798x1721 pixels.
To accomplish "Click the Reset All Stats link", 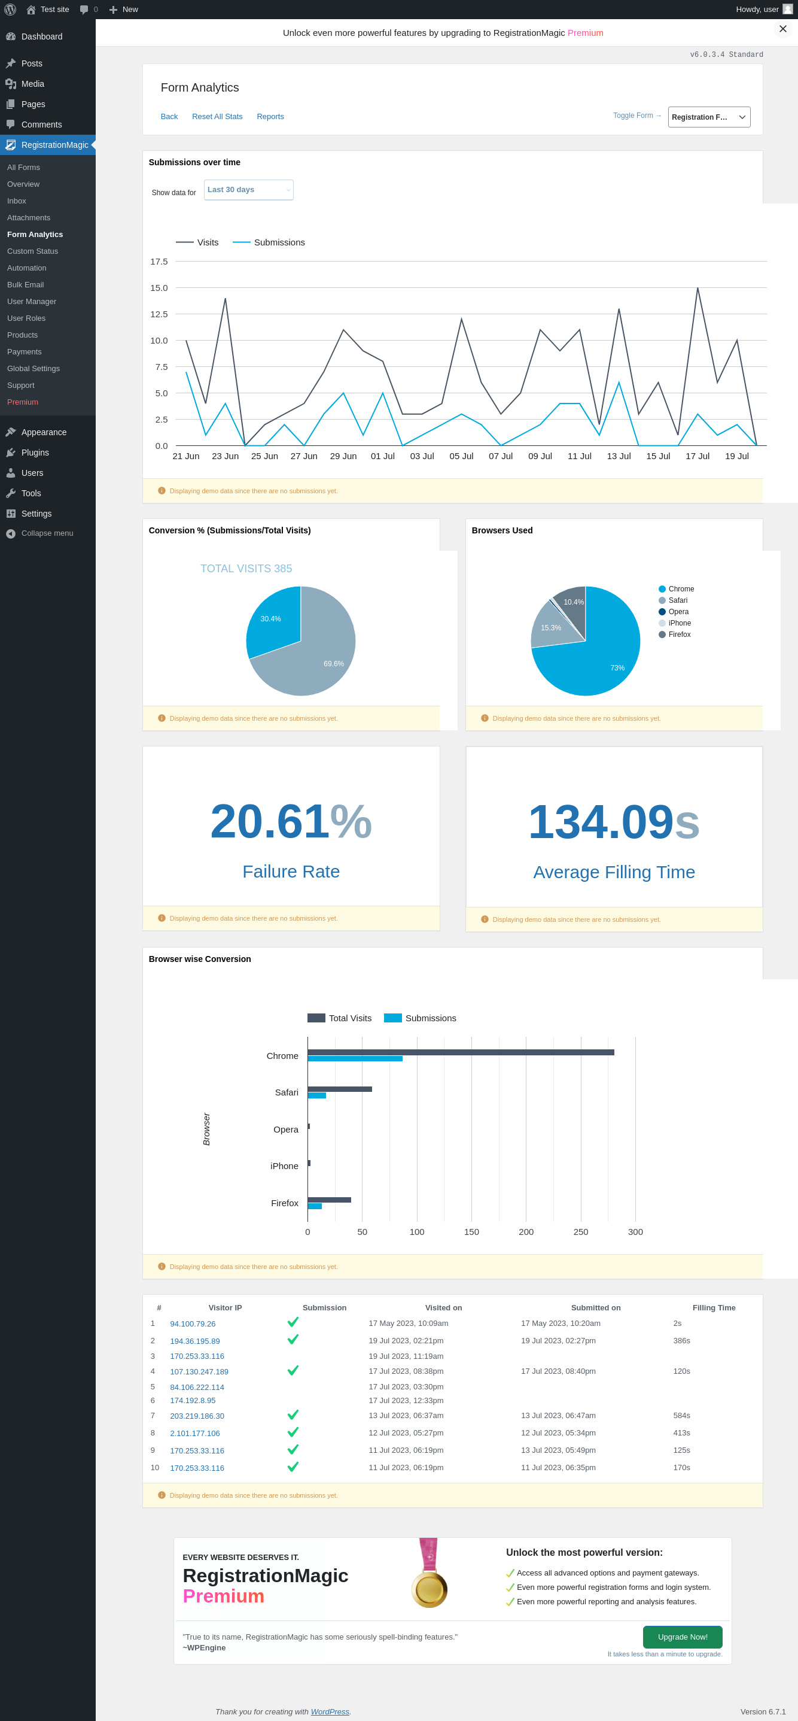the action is tap(217, 116).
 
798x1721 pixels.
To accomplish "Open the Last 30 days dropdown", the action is tap(248, 190).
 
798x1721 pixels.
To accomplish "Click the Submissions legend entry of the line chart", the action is tap(269, 242).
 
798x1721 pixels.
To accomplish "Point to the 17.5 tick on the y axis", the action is tap(159, 262).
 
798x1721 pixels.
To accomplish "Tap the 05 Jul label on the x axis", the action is tap(461, 456).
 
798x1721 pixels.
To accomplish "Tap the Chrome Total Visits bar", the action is tap(461, 1052).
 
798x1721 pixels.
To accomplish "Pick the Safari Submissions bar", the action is tap(316, 1095).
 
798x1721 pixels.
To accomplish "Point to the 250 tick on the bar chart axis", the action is tap(581, 1232).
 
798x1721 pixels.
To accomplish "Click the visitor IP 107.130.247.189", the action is tap(199, 1371).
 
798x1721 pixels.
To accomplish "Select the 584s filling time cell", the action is tap(682, 1415).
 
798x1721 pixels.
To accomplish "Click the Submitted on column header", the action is tap(596, 1307).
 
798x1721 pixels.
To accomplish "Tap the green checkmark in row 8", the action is tap(293, 1432).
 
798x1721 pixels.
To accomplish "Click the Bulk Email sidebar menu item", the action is tap(25, 284).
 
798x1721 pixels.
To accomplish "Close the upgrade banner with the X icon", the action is tap(782, 29).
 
